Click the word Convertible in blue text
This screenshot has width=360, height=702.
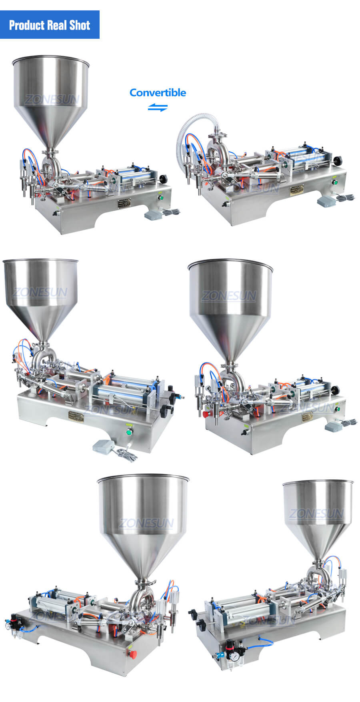158,93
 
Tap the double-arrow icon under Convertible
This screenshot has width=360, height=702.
158,108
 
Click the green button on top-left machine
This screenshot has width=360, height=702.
161,197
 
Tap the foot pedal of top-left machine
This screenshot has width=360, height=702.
152,216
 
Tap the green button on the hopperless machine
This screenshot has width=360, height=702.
336,182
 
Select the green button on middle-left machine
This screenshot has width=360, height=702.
129,432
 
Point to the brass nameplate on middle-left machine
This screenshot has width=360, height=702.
76,417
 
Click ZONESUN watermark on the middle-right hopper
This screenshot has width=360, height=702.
229,296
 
